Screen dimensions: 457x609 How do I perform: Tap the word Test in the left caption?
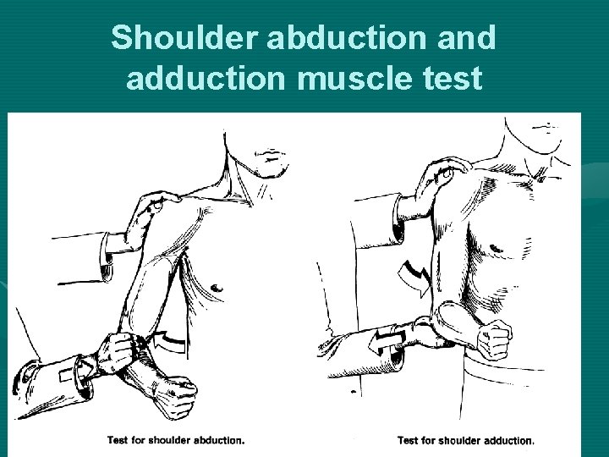[119, 440]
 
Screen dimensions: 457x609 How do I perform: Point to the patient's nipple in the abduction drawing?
[217, 289]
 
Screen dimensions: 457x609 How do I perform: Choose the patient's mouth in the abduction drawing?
[272, 157]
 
